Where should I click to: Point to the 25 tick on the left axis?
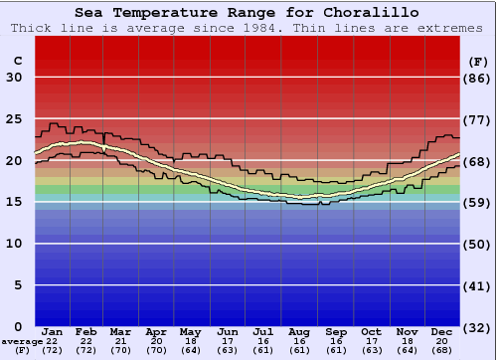[x=14, y=118]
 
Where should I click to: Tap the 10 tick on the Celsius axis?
[x=14, y=243]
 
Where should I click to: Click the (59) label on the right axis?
[x=478, y=202]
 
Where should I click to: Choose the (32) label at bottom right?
[x=478, y=327]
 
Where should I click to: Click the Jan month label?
[x=53, y=331]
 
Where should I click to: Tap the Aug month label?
[x=299, y=331]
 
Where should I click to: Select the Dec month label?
[x=442, y=331]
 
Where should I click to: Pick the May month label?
[x=189, y=331]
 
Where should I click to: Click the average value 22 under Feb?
[x=86, y=341]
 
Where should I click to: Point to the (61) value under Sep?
[x=335, y=350]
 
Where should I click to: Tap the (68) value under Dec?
[x=442, y=350]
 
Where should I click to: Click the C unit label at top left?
[x=17, y=61]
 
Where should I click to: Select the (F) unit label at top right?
[x=478, y=61]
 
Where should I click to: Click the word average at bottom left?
[x=22, y=341]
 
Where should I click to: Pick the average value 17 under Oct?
[x=371, y=341]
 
